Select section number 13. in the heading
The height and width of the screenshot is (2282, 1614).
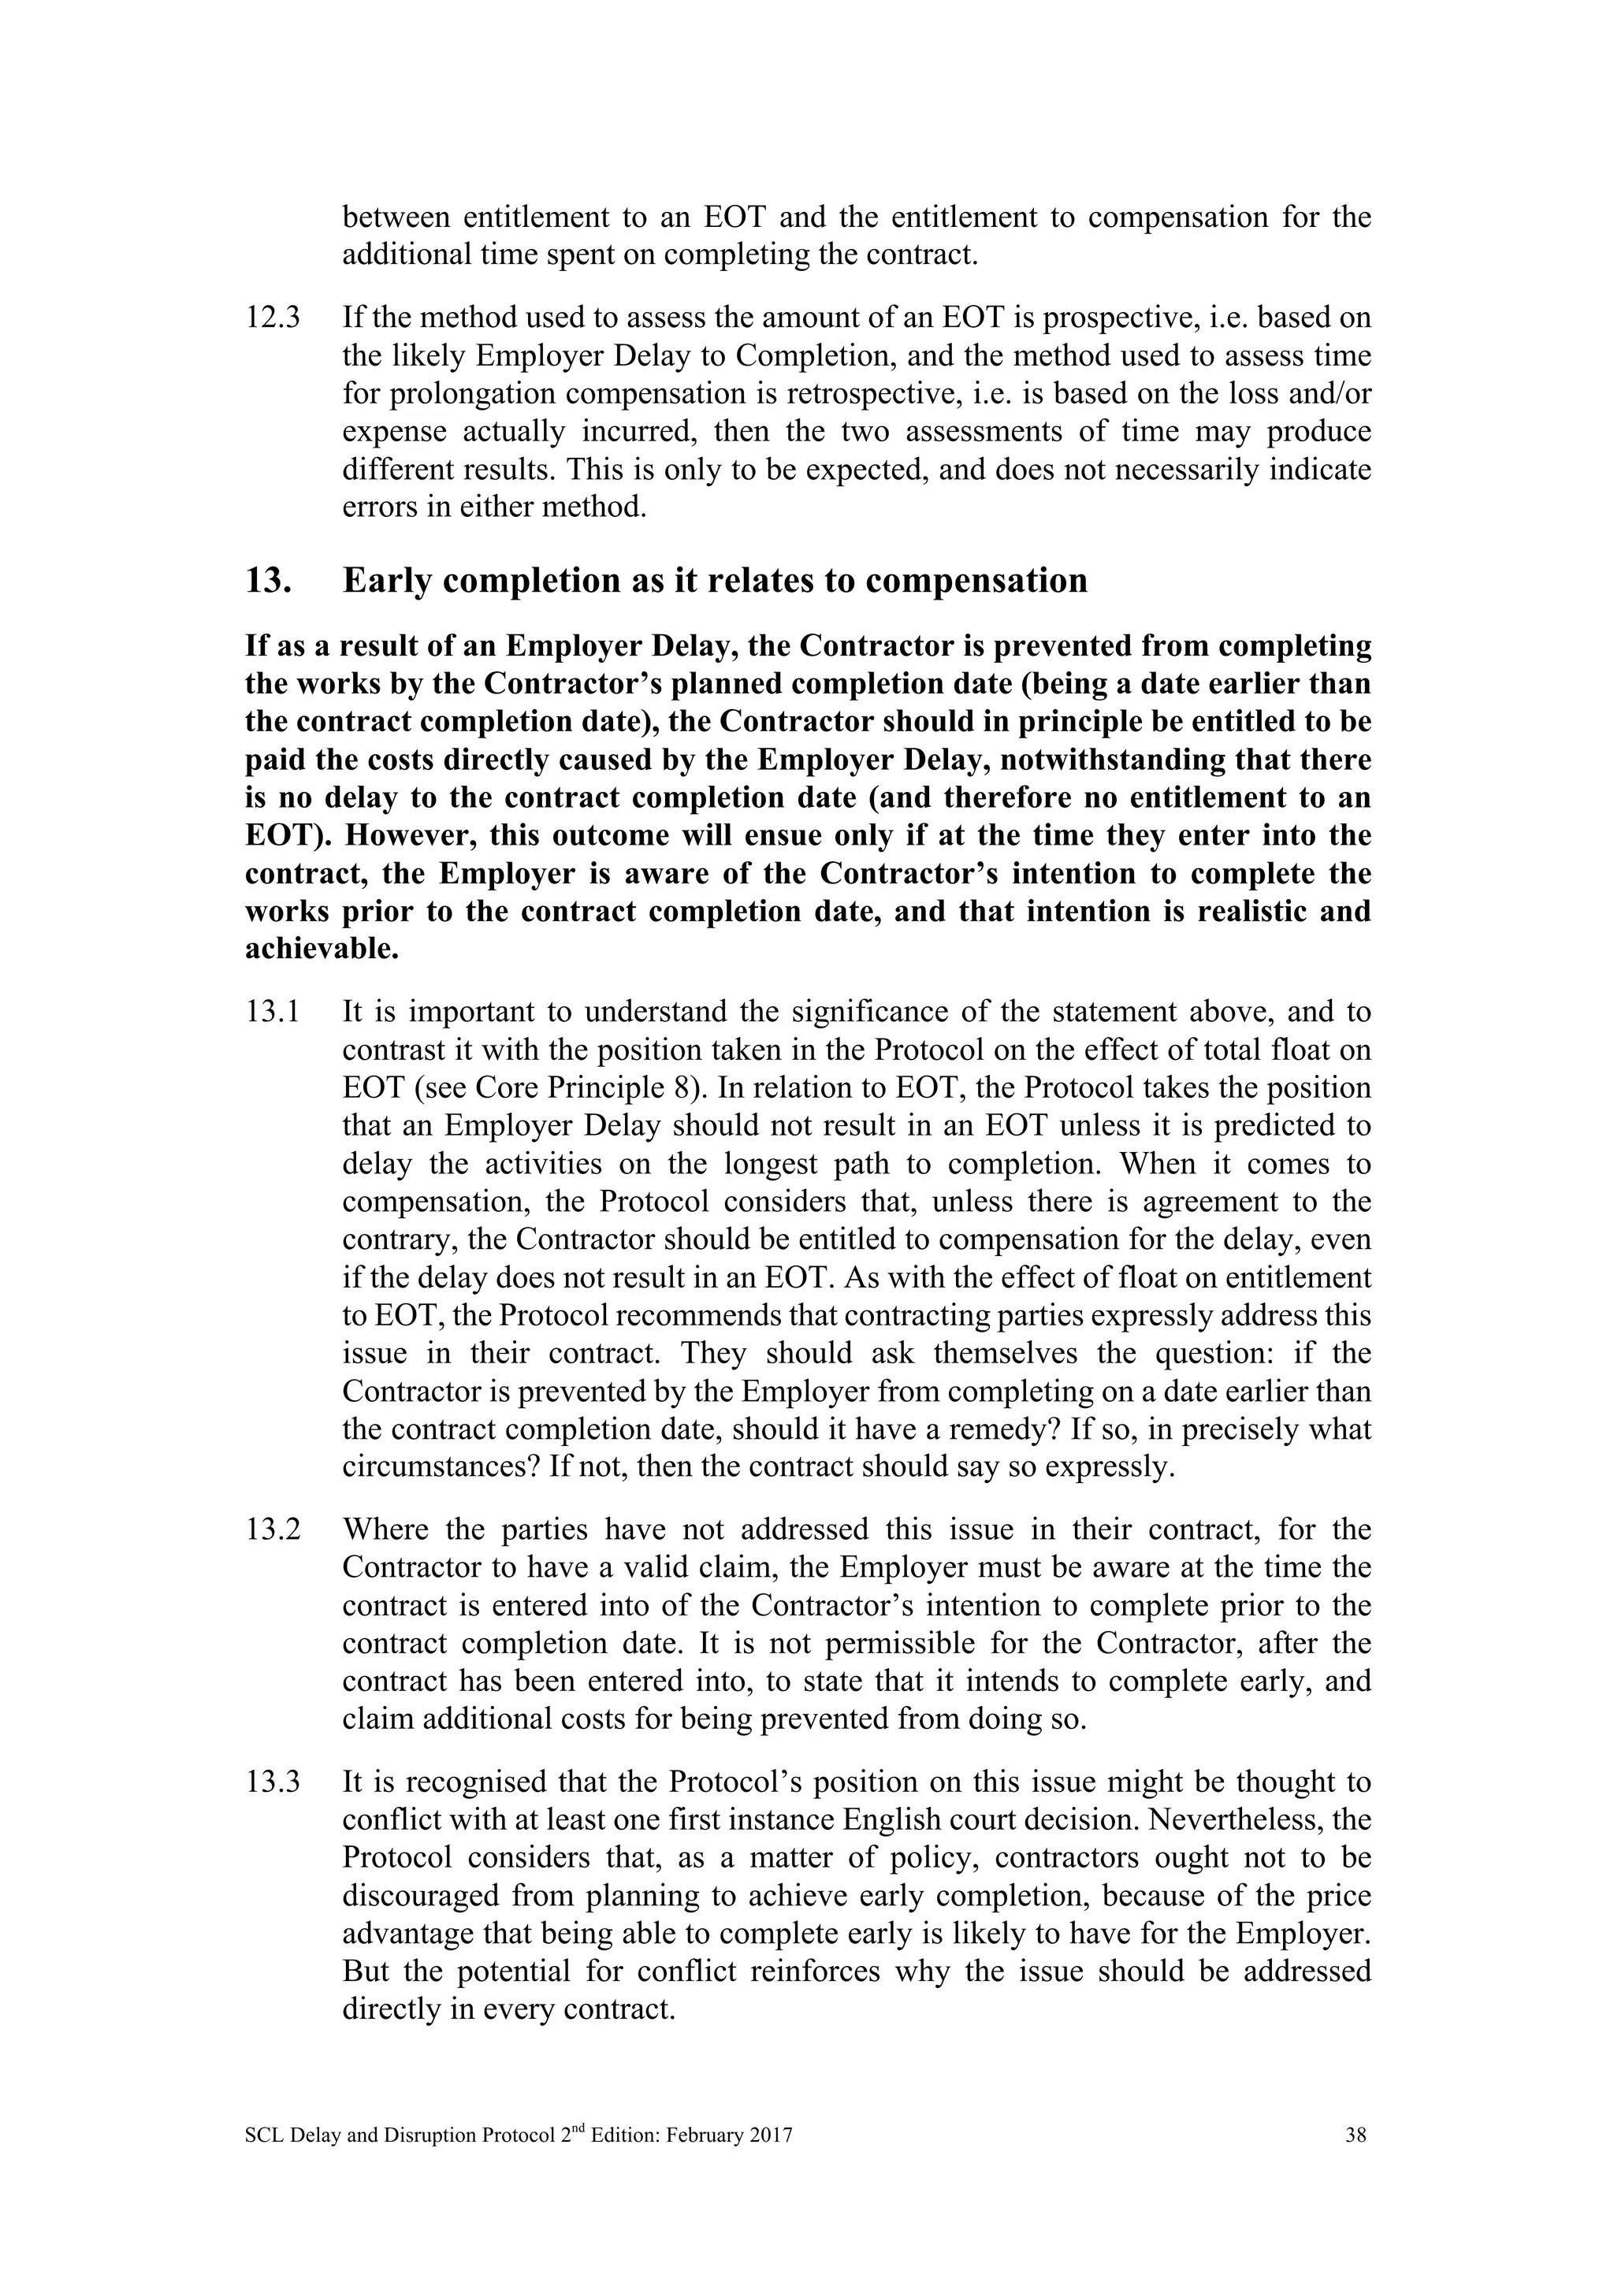(x=267, y=581)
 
